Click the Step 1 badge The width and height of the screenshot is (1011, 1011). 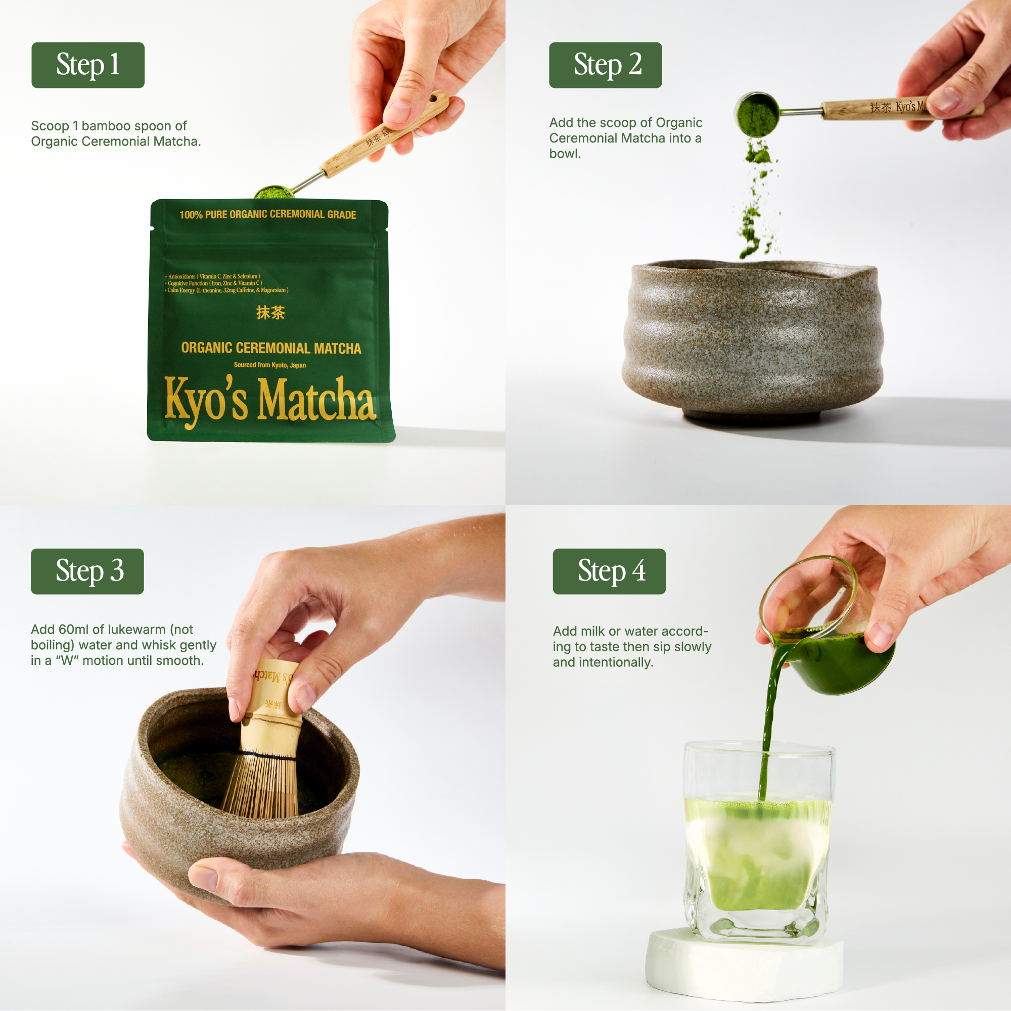pyautogui.click(x=88, y=65)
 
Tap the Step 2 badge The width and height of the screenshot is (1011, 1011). pyautogui.click(x=605, y=65)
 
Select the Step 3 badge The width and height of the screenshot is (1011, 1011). pyautogui.click(x=87, y=571)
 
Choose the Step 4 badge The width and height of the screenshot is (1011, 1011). pyautogui.click(x=609, y=571)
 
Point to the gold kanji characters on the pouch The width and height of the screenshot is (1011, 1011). pyautogui.click(x=270, y=313)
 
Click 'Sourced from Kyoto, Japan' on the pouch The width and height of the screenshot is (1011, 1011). pyautogui.click(x=269, y=365)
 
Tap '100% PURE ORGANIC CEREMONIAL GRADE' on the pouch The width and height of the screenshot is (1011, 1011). pyautogui.click(x=267, y=215)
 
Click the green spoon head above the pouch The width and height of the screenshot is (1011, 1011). pyautogui.click(x=274, y=192)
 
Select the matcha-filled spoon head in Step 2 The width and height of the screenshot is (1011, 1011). pyautogui.click(x=756, y=113)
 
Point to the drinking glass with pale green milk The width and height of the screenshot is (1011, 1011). pyautogui.click(x=758, y=848)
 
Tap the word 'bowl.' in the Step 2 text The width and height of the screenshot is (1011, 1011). pyautogui.click(x=565, y=154)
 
